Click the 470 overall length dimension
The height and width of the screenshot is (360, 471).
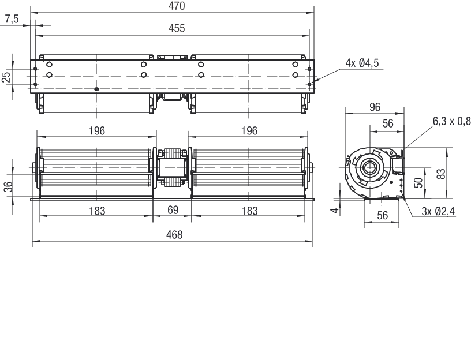177,6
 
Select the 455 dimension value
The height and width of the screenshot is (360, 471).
177,28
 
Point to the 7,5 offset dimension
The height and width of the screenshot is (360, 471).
12,19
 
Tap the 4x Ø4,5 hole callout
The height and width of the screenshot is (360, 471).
362,63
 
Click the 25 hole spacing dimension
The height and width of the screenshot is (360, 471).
6,77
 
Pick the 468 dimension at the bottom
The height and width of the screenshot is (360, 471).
174,234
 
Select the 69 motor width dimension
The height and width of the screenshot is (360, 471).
173,210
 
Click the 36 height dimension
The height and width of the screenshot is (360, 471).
9,186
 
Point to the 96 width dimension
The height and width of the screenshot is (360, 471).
375,107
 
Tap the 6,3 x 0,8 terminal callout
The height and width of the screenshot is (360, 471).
451,121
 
